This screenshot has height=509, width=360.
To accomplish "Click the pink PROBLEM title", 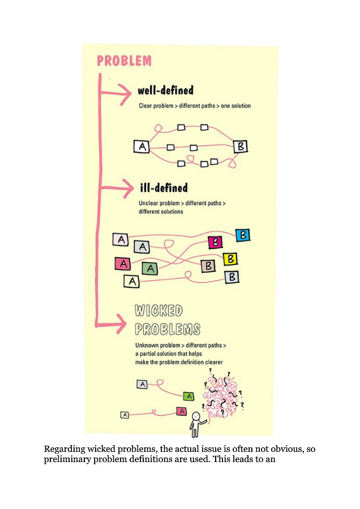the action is tap(124, 61).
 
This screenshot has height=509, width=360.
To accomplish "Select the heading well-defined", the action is tap(165, 90).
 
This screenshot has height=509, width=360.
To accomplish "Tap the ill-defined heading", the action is tap(164, 188).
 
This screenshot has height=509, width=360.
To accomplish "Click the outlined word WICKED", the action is tap(158, 310).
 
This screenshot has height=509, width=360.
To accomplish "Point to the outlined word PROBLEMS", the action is tap(168, 329).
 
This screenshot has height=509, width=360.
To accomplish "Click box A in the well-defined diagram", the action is tap(142, 146).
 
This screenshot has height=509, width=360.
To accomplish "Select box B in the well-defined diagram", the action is tap(241, 146).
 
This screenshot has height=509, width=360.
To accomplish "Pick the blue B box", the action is tap(243, 235).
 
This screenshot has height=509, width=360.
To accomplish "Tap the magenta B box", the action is tap(215, 242).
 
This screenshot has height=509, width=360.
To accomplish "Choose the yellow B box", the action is tap(230, 259).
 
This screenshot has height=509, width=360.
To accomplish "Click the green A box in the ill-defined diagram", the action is tap(150, 269).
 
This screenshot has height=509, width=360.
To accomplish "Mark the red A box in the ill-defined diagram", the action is tap(122, 264).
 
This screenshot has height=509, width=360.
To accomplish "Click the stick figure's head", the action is tap(196, 416).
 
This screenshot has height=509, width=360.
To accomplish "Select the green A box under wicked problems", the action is tap(188, 396).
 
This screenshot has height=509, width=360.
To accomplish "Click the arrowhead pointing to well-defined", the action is tap(125, 94).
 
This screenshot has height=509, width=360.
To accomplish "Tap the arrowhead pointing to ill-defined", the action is tap(128, 188).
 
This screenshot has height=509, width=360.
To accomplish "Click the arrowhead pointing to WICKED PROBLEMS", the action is tap(121, 324).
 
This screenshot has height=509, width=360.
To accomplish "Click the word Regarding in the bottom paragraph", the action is tap(63, 450).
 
